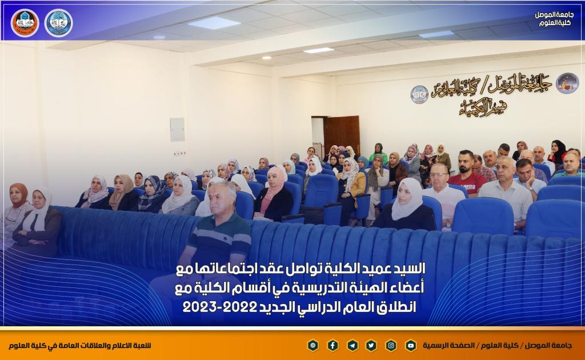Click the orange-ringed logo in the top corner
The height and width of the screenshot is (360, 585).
[25, 23]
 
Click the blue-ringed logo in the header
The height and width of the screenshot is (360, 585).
[59, 23]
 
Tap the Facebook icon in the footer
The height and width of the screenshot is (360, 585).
[333, 346]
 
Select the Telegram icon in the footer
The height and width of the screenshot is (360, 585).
[352, 346]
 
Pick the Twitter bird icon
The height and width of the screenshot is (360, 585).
[371, 346]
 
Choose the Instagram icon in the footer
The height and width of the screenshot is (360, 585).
[391, 346]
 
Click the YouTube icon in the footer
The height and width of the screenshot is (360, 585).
[411, 346]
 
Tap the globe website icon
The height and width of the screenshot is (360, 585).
[313, 346]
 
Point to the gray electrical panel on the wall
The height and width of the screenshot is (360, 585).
[177, 130]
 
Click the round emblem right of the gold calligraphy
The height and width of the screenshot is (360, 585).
[567, 83]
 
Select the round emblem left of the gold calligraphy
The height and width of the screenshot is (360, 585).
[419, 94]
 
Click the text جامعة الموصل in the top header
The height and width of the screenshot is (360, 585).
[554, 15]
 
